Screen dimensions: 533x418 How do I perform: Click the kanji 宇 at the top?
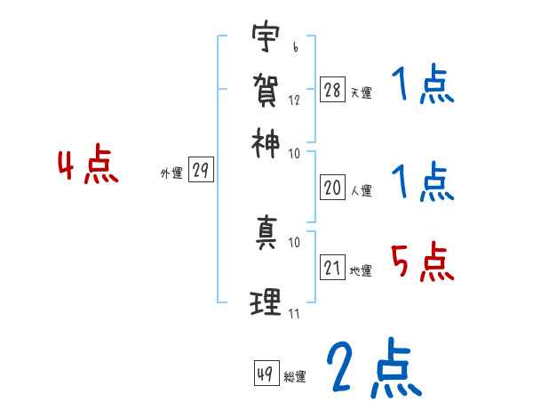click(x=264, y=39)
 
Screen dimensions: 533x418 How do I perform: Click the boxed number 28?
click(x=332, y=90)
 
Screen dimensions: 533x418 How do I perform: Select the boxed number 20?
click(x=332, y=187)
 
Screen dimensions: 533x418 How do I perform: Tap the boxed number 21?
click(x=332, y=268)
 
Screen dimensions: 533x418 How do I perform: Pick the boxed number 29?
click(x=201, y=171)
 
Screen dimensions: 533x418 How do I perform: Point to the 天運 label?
click(x=361, y=92)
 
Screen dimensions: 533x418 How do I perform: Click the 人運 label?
click(x=361, y=189)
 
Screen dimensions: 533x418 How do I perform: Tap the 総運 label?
click(x=295, y=376)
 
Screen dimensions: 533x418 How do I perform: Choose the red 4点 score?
click(x=88, y=167)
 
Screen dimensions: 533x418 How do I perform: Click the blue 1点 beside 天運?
click(x=423, y=86)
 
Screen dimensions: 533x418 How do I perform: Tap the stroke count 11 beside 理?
click(x=294, y=313)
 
